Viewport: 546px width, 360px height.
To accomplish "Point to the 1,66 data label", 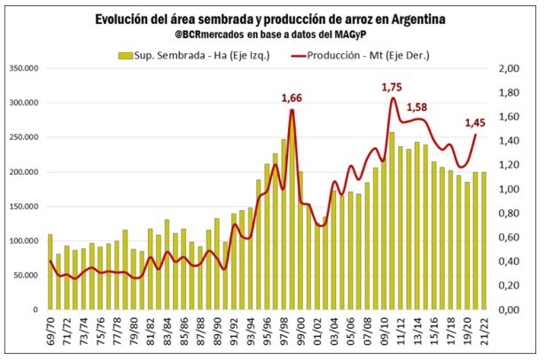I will click(x=292, y=98).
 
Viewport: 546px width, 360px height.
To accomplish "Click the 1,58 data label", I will click(x=417, y=107).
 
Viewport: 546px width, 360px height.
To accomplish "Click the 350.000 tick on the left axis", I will click(x=22, y=68).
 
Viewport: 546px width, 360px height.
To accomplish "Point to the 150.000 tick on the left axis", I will click(x=22, y=206).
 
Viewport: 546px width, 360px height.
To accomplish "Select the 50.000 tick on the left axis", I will click(x=25, y=275).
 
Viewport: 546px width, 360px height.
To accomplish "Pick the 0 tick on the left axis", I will click(x=36, y=309).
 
